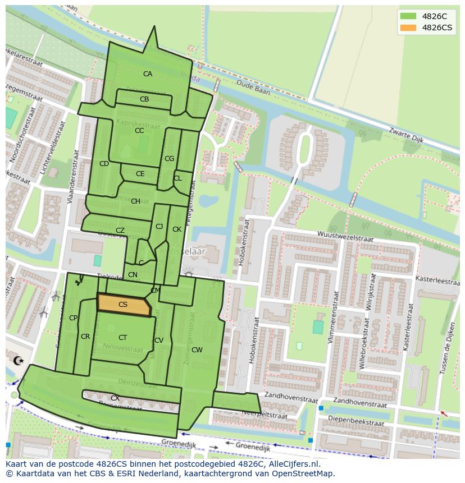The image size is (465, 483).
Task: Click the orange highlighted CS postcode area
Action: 124,305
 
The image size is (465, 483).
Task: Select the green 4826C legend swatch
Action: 408,16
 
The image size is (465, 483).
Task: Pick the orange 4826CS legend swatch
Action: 408,27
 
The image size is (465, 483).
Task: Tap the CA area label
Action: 147,74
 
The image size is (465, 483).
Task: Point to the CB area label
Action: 144,99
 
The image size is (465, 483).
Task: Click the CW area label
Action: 197,350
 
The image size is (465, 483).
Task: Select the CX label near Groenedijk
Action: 115,398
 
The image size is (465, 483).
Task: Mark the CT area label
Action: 122,338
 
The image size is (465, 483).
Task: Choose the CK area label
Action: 177,229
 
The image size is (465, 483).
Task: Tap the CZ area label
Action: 120,231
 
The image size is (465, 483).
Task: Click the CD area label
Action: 104,164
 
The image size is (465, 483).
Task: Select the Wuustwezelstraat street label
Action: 345,236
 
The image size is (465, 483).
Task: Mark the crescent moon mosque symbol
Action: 17,360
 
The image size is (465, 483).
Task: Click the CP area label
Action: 73,318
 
